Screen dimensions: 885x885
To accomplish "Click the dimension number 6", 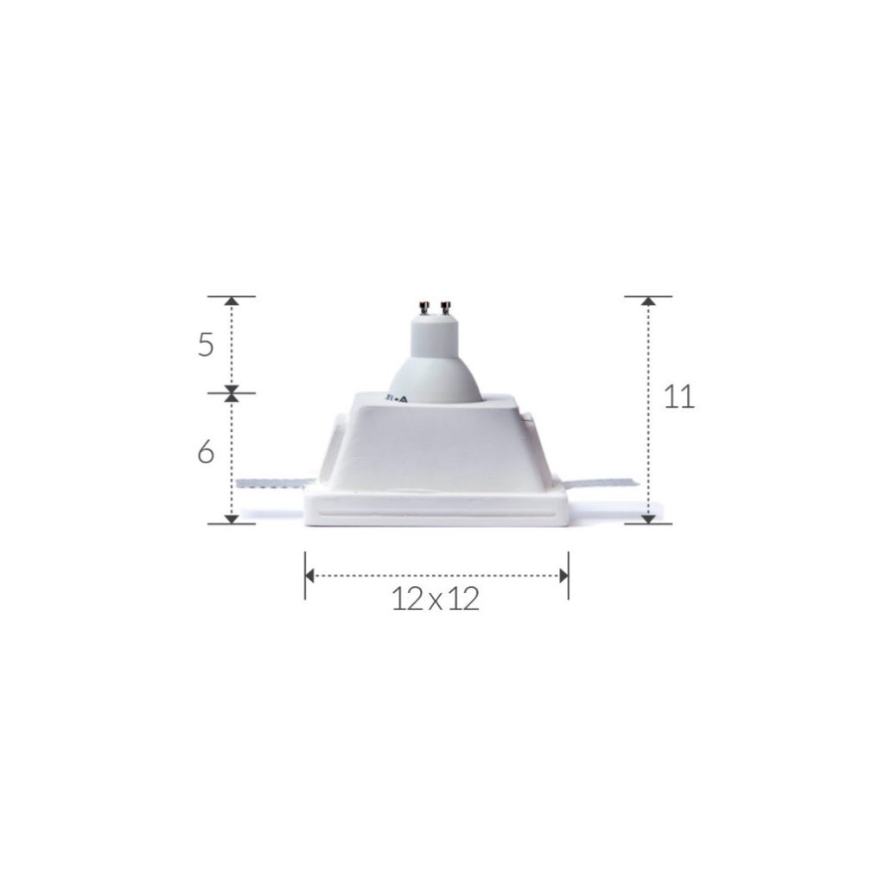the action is [x=206, y=452].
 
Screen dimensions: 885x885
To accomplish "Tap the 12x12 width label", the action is [x=436, y=598].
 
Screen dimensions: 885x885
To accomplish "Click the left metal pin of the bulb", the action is [x=423, y=309].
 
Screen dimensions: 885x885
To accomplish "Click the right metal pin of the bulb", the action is [x=446, y=309].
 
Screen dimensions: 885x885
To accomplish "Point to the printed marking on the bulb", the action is [x=398, y=398].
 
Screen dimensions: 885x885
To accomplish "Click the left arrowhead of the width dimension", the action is [x=309, y=576].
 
